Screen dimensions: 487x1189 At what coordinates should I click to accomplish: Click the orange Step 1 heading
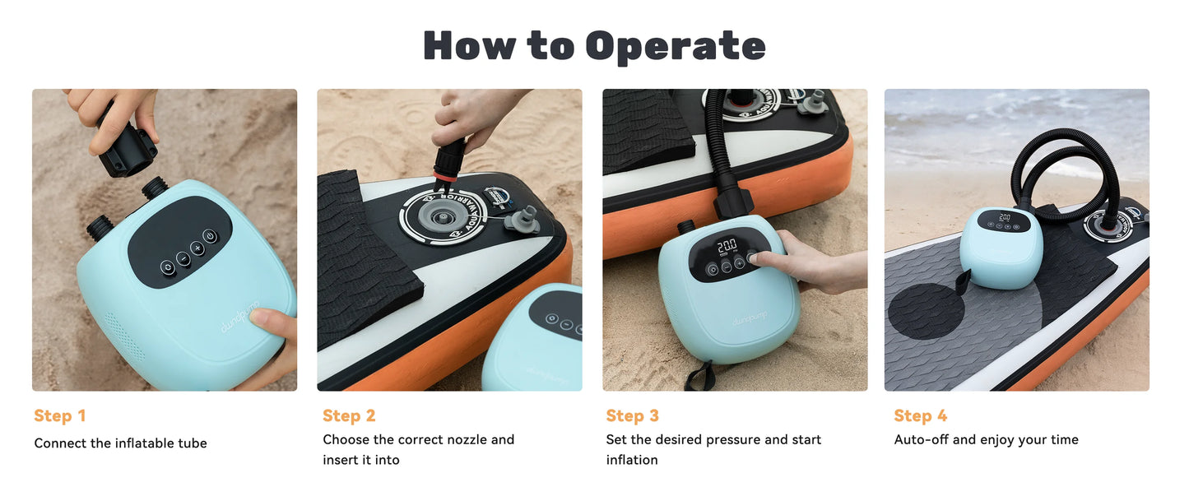[x=59, y=415]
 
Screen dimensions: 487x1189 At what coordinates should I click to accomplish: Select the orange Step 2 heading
[x=349, y=415]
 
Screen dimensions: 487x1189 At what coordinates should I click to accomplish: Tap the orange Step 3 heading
[x=632, y=415]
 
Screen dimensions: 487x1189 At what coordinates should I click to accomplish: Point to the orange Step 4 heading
[x=921, y=415]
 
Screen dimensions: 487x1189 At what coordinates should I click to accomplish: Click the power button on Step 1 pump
[x=210, y=236]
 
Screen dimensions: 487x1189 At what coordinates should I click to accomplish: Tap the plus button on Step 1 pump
[x=197, y=248]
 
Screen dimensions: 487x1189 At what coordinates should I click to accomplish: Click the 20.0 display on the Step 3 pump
[x=727, y=246]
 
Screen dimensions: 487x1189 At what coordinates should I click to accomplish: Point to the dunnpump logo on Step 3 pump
[x=750, y=321]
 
